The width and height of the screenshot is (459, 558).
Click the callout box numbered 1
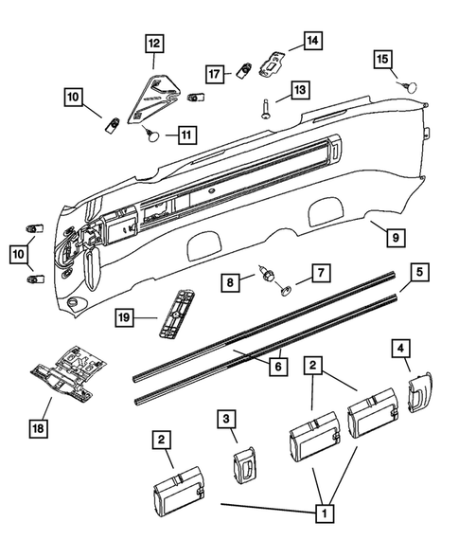point(325,514)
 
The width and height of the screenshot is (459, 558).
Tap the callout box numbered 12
point(153,42)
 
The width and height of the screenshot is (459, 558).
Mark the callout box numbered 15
point(382,60)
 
